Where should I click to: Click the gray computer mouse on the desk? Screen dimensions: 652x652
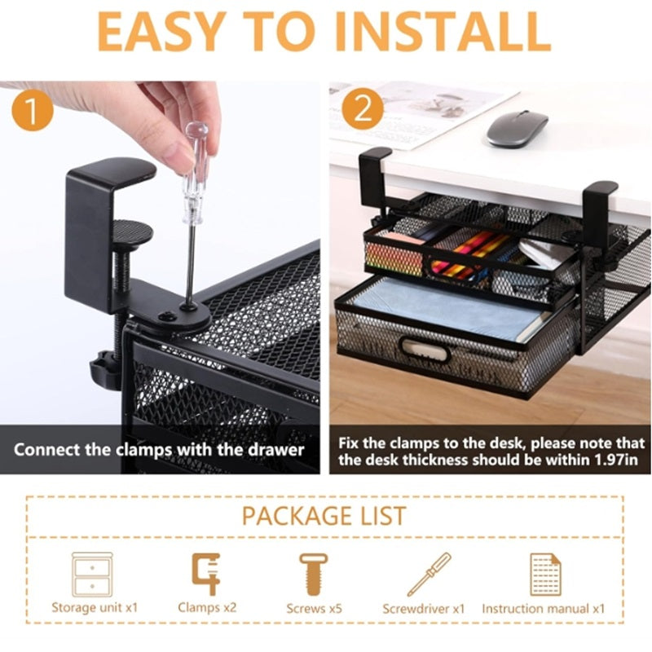pos(517,128)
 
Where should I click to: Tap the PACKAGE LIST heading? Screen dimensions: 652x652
pos(324,515)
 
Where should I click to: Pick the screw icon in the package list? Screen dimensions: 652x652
pos(314,574)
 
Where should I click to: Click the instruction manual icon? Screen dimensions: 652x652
pos(543,574)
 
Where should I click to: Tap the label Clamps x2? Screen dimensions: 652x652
pos(207,607)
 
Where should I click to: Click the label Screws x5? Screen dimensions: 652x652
pos(314,608)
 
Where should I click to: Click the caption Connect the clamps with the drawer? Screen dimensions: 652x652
pos(159,449)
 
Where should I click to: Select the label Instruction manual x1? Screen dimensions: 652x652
pos(543,608)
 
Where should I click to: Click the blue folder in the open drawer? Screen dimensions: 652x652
pos(440,310)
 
